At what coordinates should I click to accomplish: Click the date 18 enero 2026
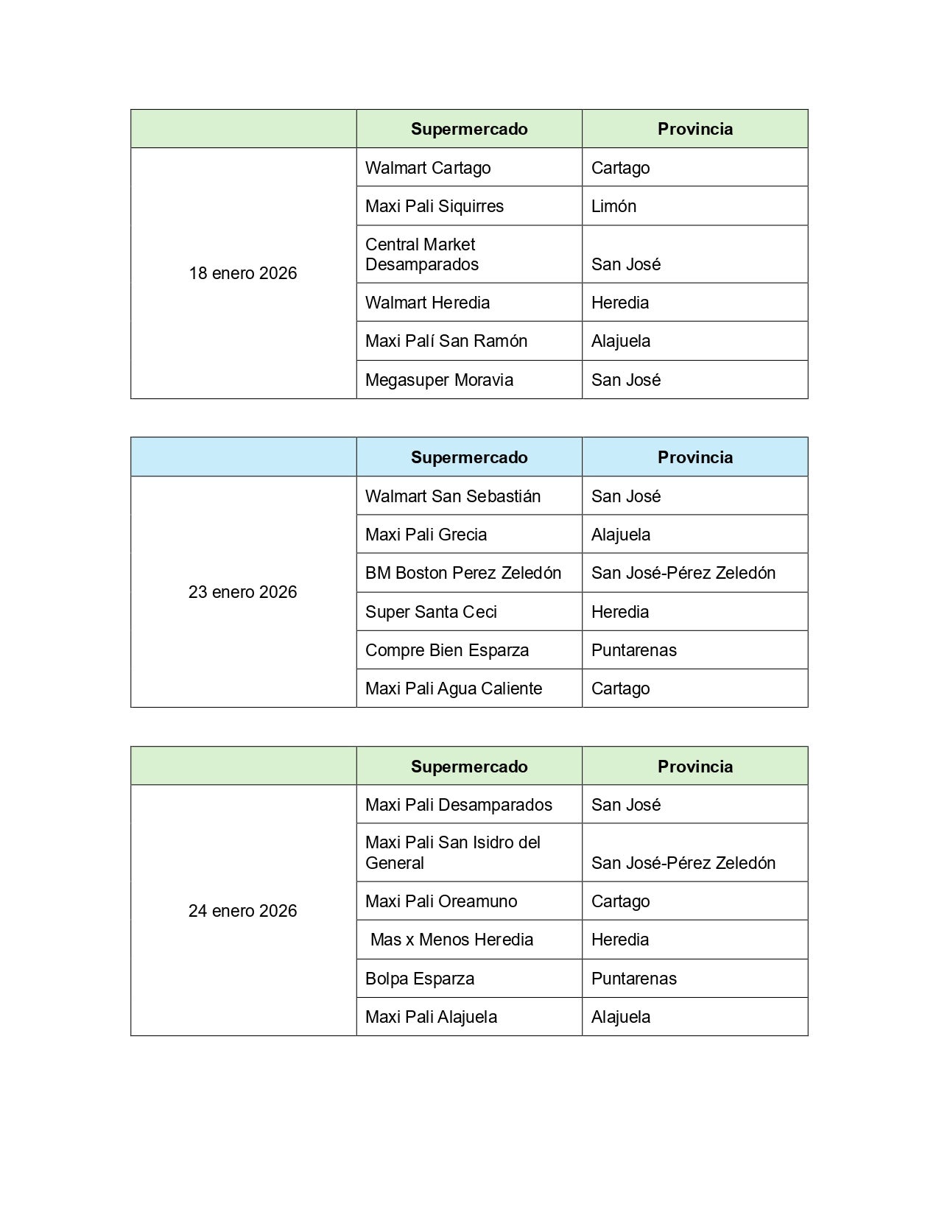[242, 273]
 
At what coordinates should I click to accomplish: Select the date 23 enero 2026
[242, 592]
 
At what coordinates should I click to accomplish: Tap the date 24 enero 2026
[242, 911]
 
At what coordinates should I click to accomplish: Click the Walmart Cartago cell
[428, 168]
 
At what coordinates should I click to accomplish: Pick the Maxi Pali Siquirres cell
[435, 206]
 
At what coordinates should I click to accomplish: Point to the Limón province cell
[613, 206]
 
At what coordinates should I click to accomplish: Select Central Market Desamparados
[422, 254]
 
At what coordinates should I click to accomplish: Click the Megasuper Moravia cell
[439, 380]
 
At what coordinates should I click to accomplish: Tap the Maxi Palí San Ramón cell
[446, 341]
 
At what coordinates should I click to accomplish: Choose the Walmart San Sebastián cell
[453, 496]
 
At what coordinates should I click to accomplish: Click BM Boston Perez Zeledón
[463, 573]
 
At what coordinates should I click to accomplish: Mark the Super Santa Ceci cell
[431, 612]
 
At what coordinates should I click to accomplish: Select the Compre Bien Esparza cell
[447, 650]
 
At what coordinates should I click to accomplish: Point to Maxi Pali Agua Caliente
[454, 688]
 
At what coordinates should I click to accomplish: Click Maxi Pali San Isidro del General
[453, 853]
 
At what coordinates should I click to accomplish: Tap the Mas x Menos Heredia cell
[451, 940]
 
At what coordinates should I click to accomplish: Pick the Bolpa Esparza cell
[420, 979]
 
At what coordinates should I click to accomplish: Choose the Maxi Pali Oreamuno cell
[441, 901]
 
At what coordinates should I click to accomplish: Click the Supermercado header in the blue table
[469, 457]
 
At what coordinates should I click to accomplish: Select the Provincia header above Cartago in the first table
[694, 129]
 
